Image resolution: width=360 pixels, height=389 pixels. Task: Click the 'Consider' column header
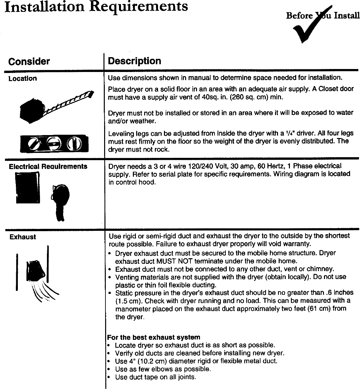tap(29, 61)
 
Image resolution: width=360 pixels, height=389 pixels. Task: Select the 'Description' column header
tap(135, 61)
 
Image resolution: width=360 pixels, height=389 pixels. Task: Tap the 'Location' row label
tap(22, 79)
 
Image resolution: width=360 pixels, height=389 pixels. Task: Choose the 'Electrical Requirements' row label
tap(48, 166)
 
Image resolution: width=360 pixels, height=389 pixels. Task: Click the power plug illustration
tap(60, 201)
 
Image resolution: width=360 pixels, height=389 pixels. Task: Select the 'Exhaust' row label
tap(22, 237)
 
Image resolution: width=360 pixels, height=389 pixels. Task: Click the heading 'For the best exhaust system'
tap(154, 337)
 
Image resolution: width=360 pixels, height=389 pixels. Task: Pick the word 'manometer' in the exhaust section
tap(131, 309)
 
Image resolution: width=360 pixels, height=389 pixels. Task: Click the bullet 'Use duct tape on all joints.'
tap(155, 377)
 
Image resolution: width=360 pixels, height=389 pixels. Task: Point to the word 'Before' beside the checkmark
tap(299, 16)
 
